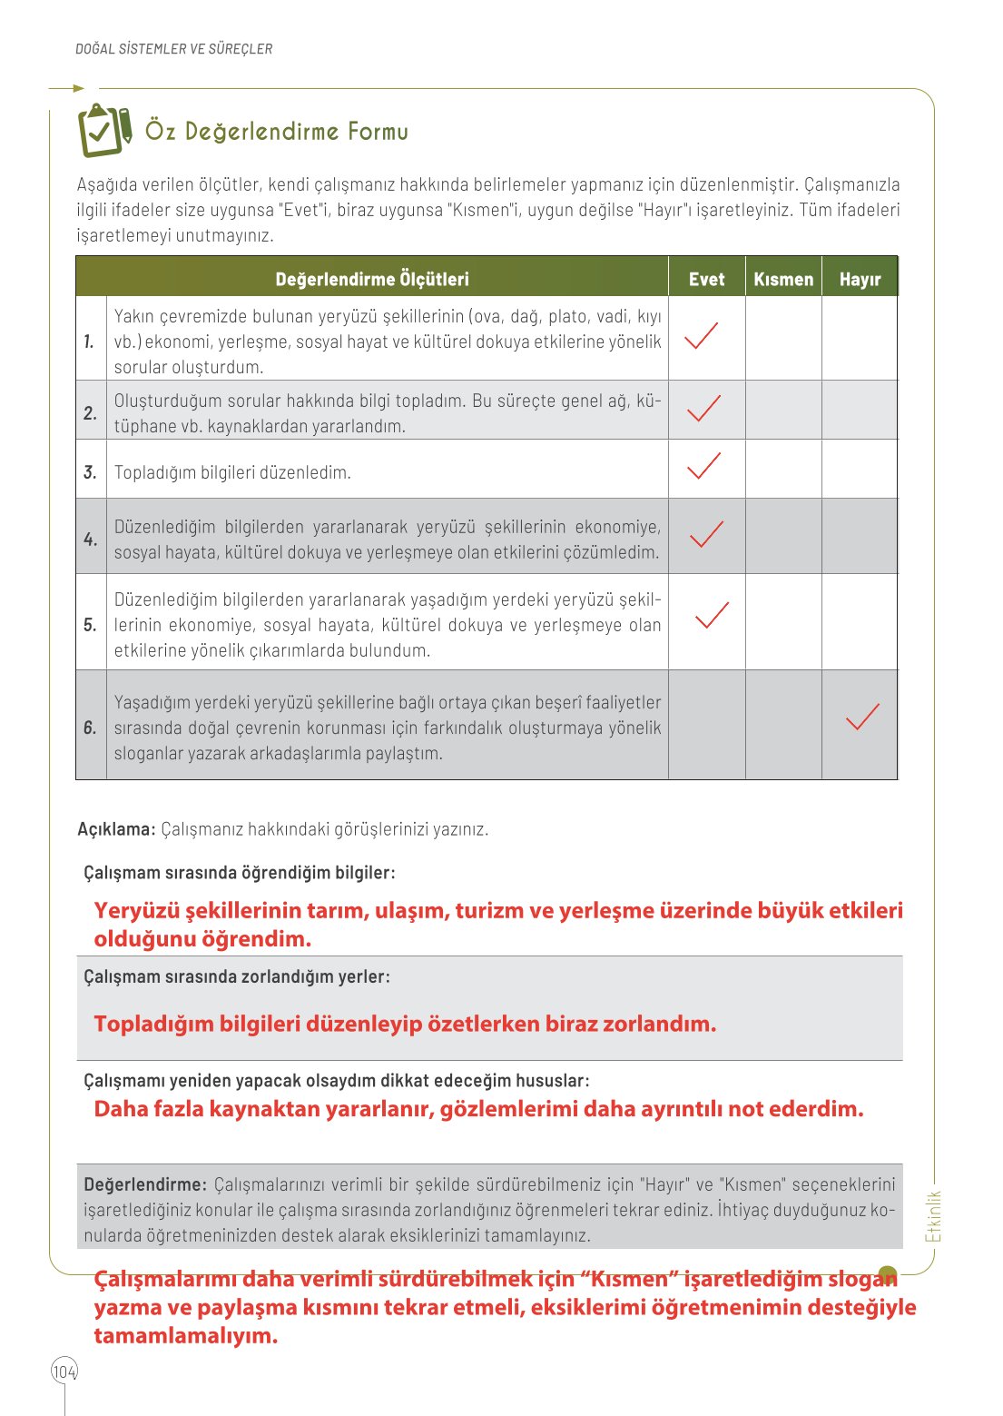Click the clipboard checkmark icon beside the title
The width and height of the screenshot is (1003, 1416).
coord(104,130)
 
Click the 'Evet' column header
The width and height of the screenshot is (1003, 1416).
coord(706,279)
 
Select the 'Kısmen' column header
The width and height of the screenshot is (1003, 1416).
coord(783,279)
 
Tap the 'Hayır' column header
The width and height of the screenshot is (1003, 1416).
coord(860,279)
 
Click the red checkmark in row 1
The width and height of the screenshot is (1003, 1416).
coord(701,336)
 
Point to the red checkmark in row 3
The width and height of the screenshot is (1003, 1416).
coord(703,466)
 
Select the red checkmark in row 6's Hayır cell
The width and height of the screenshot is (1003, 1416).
coord(862,718)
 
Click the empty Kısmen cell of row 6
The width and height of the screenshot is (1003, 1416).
coord(783,725)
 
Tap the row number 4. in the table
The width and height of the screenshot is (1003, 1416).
coord(91,540)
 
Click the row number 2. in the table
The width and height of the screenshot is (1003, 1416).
coord(91,413)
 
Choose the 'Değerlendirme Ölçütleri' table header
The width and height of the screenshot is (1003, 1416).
coord(372,279)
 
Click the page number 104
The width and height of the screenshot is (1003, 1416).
coord(64,1371)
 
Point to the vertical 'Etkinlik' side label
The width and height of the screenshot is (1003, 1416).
coord(933,1216)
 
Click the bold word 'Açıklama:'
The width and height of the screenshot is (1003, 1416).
coord(116,829)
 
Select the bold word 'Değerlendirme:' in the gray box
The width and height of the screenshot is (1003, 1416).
coord(145,1184)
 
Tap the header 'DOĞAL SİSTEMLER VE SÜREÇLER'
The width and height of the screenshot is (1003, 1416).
coord(173,49)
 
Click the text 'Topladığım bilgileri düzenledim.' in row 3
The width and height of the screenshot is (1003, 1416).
coord(232,472)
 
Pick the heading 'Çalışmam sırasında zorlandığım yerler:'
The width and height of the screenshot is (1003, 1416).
coord(237,977)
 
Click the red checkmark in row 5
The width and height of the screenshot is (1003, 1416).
coord(712,616)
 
